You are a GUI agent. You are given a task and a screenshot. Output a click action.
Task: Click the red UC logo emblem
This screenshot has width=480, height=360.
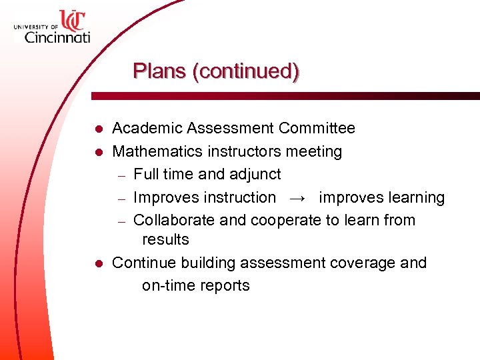(73, 20)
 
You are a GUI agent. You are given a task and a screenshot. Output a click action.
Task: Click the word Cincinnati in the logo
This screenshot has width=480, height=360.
(57, 37)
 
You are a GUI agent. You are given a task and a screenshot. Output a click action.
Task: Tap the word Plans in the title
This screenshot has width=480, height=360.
(160, 71)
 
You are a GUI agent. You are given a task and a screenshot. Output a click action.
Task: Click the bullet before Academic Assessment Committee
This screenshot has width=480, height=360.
(98, 129)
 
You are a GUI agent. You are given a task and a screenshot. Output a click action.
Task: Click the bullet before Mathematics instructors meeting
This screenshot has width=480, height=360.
(98, 152)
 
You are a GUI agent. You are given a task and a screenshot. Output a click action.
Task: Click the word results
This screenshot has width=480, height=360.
(165, 240)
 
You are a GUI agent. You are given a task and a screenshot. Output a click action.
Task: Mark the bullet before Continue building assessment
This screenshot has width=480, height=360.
(98, 264)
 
